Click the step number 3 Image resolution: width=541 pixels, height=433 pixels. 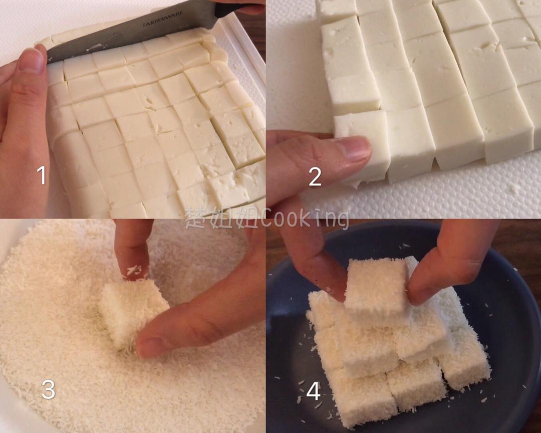[48, 389]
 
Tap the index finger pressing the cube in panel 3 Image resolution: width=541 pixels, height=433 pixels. [133, 251]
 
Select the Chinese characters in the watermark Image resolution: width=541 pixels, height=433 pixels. [215, 219]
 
